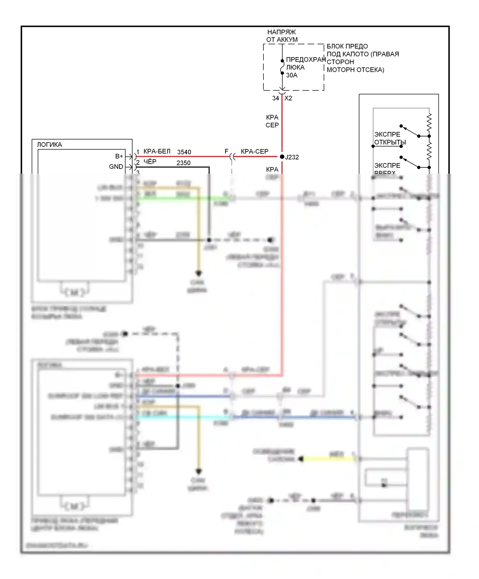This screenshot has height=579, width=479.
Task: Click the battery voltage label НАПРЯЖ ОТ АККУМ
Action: click(282, 36)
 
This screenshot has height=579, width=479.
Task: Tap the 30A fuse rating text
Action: click(292, 75)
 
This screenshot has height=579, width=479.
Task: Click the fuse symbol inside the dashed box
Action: click(282, 67)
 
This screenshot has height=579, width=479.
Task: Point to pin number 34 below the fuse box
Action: click(275, 98)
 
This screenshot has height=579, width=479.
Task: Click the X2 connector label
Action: click(288, 98)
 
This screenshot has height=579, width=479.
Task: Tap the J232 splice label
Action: click(292, 157)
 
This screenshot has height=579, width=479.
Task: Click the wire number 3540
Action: click(184, 152)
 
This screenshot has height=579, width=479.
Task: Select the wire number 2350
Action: click(183, 163)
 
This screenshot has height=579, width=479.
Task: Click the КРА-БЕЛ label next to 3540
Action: click(157, 152)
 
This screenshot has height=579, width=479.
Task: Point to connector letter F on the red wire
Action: click(226, 151)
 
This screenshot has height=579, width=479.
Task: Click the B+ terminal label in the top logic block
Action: click(119, 156)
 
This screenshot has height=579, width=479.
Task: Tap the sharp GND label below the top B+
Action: click(116, 167)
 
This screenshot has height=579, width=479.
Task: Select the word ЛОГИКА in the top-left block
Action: click(49, 145)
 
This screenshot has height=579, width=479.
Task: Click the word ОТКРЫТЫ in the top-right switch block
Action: click(390, 142)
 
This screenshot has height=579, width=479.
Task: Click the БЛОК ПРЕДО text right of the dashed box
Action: click(347, 47)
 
